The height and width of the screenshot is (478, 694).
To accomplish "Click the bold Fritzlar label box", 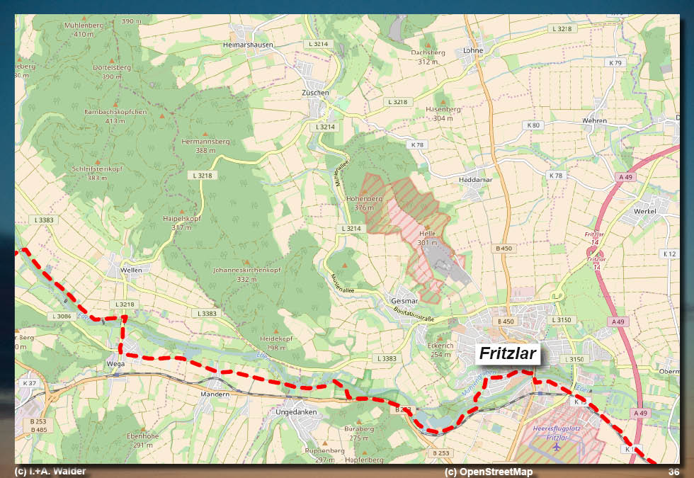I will [508, 353].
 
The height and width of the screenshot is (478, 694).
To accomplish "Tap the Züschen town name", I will [315, 93].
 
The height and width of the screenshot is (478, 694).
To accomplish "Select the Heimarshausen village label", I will [248, 44].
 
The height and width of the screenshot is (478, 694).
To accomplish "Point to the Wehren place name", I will [594, 121].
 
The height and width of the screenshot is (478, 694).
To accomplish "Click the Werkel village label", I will [645, 211].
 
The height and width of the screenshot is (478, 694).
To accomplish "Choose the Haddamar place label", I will [475, 180].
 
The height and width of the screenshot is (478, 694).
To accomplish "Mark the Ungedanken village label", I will [296, 411].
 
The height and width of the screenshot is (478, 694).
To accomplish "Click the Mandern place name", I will [215, 394].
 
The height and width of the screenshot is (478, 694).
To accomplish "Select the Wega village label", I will [115, 364].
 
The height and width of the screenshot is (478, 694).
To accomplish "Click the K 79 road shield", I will [615, 63].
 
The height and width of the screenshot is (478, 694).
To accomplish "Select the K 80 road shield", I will [533, 125].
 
